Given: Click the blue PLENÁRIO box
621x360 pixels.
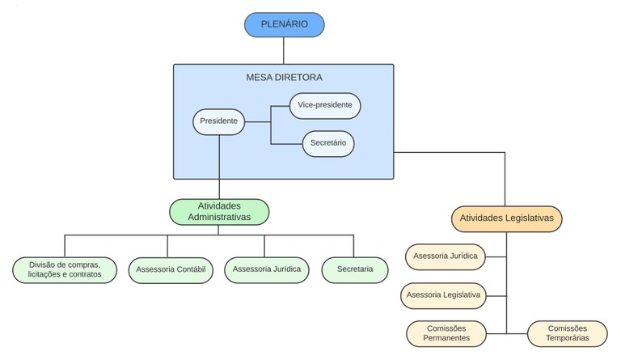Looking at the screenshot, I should (284, 24).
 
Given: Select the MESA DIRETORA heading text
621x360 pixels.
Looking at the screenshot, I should (284, 78).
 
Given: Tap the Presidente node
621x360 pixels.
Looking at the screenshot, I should (218, 121).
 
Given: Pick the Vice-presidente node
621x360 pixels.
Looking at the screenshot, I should (324, 105).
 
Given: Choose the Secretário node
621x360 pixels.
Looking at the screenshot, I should (327, 143).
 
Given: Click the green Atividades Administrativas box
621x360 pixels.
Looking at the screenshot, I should (219, 211).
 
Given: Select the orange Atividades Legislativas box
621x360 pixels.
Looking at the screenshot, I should (506, 218).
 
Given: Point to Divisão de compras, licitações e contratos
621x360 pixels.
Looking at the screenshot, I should (64, 269).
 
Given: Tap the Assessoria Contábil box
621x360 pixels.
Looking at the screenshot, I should (170, 269).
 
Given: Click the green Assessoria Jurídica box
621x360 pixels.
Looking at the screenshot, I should (266, 269).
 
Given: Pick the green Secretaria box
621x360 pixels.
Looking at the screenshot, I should (354, 269).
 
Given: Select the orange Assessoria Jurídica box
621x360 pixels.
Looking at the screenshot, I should (445, 256).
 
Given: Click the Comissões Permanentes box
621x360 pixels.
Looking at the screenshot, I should (446, 333).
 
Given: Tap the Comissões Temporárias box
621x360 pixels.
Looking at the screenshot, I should (567, 333).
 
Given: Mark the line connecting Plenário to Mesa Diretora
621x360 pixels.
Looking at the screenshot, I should (284, 50).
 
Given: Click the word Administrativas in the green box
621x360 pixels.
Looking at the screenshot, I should (219, 218).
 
